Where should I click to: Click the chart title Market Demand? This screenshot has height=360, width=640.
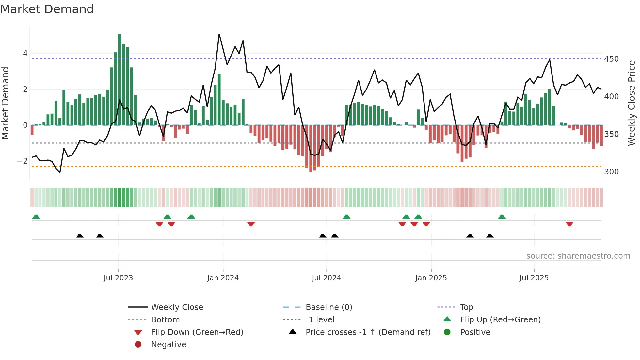coord(47,9)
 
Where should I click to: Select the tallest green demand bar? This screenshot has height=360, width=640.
coord(120,79)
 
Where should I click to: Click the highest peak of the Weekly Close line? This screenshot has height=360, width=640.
coord(219,35)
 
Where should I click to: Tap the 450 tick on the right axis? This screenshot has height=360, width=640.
coord(611,59)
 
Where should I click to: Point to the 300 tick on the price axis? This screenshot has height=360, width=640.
coord(611,172)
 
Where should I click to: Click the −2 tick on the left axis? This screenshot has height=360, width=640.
coord(22,161)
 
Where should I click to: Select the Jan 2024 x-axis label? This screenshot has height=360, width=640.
coord(223,278)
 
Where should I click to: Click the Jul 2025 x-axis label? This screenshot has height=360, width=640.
coord(534,278)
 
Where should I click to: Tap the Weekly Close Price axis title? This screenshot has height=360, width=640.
coord(632,103)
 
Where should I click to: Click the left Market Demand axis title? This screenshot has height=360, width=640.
coord(5,103)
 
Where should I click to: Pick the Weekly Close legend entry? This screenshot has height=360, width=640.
coord(177,307)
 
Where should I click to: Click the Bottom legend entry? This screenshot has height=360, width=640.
coord(165,320)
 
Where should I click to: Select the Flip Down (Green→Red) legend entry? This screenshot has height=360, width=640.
coord(197,332)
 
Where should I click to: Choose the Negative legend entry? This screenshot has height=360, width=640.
coord(168,345)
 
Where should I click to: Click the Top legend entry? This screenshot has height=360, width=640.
coord(466,307)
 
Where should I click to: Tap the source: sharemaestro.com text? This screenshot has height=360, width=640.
coord(578,256)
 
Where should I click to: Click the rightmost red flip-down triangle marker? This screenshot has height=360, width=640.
coord(569,224)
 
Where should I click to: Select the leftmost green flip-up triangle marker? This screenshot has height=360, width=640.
coord(36,217)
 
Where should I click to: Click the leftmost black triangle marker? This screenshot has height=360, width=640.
coord(80,236)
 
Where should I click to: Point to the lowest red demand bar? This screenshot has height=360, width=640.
coord(311,149)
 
